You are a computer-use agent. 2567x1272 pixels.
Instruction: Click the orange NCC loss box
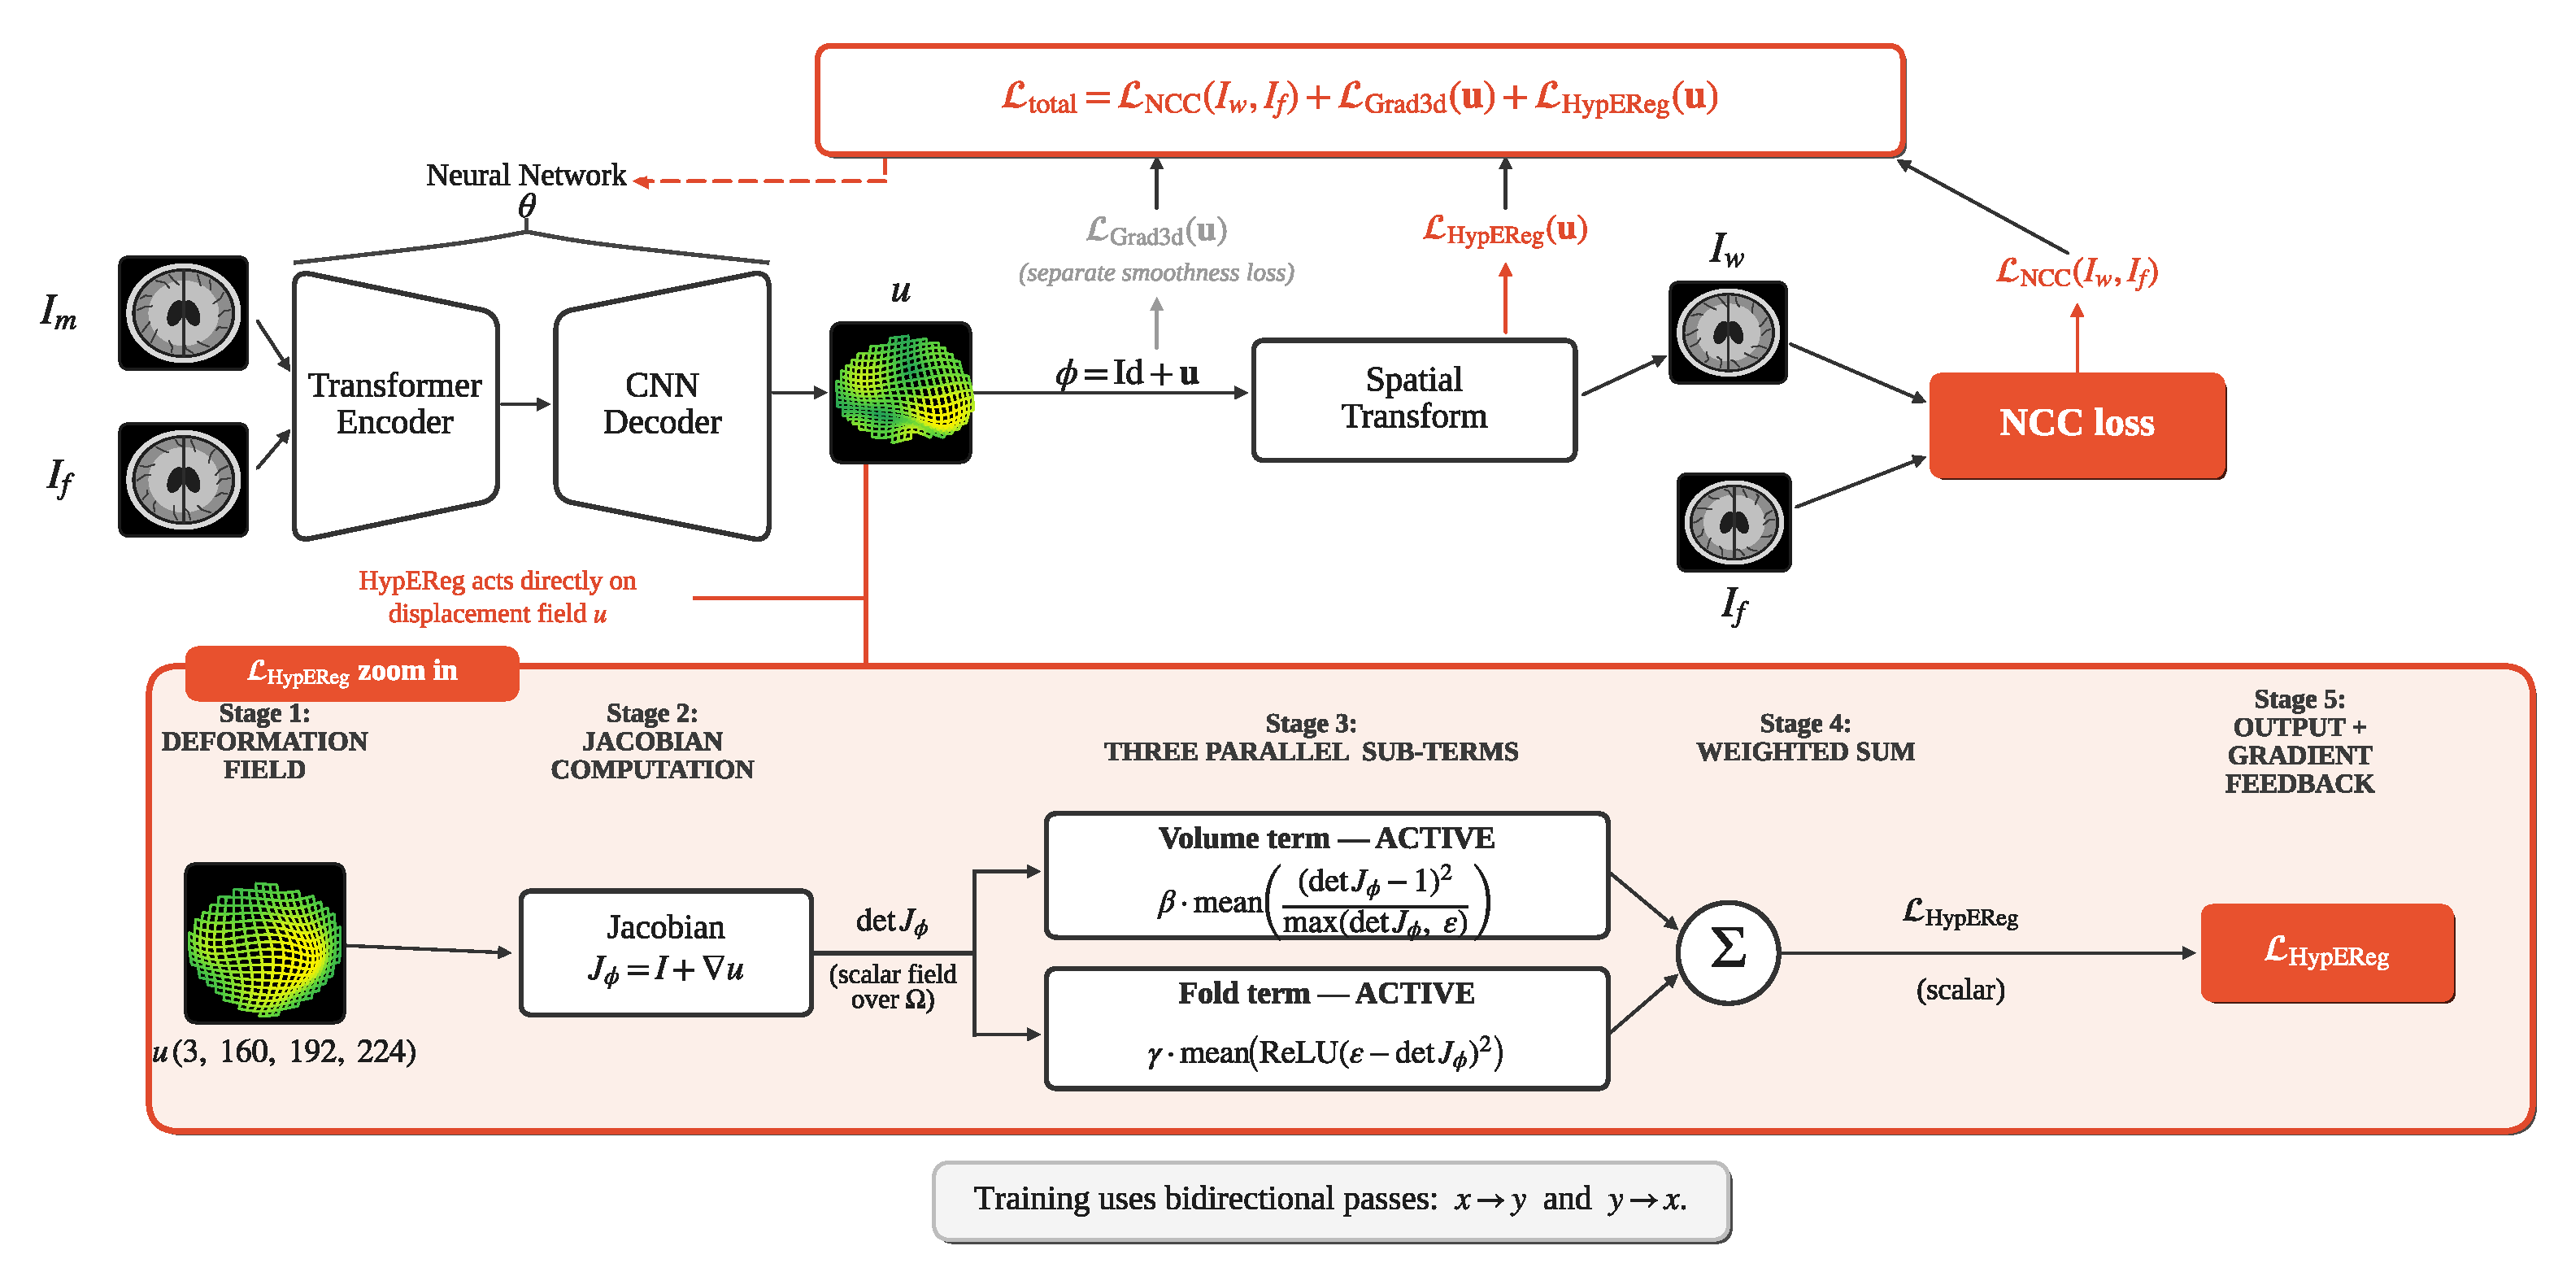tap(2077, 425)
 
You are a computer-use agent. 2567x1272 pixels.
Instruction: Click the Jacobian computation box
tap(666, 952)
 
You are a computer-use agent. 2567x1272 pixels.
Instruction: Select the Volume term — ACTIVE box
tap(1326, 875)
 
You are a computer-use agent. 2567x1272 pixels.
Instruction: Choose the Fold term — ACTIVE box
tap(1326, 1028)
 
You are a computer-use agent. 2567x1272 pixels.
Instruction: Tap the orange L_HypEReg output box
tap(2327, 952)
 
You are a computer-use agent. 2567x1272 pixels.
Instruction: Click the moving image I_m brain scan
tap(184, 313)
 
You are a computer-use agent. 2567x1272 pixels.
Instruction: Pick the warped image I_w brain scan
tap(1728, 332)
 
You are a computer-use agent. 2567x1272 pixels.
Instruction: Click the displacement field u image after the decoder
tap(901, 392)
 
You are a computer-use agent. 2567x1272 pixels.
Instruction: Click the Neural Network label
tap(526, 176)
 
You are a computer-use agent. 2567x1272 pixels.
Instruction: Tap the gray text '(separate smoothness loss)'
tap(1156, 272)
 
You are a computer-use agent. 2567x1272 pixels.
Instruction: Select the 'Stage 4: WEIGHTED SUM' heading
tap(1806, 738)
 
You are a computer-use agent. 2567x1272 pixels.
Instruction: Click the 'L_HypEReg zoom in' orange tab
tap(352, 673)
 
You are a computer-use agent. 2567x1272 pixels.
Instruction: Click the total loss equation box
tap(1360, 100)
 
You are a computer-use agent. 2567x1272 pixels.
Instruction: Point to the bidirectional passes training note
tap(1331, 1200)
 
